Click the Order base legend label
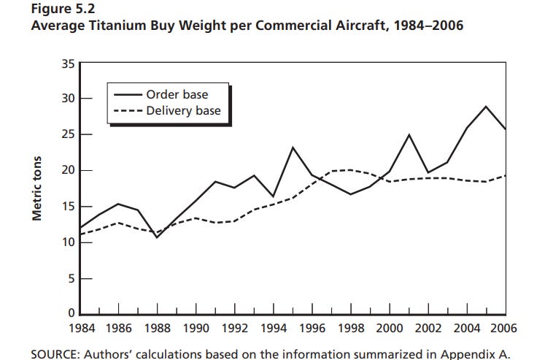click(177, 95)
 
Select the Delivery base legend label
click(183, 111)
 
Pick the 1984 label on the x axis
click(80, 328)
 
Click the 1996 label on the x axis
click(312, 328)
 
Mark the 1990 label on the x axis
click(196, 328)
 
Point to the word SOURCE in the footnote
click(54, 353)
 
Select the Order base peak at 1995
click(293, 148)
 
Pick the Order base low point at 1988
click(157, 237)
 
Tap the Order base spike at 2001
click(409, 135)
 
